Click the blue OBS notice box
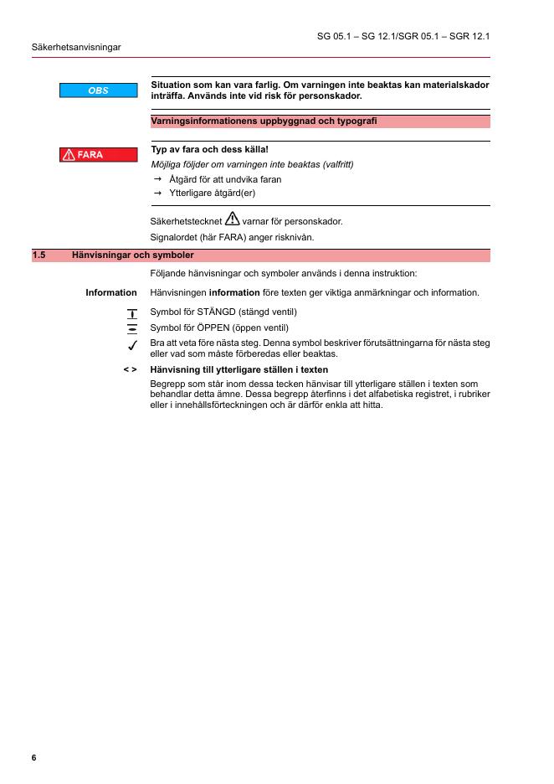98,90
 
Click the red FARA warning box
98,155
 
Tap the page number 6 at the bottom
34,758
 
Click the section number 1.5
38,255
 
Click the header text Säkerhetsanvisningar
76,47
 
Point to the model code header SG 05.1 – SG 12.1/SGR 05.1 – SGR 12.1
403,37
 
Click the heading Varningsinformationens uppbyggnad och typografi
264,121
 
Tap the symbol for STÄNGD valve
131,313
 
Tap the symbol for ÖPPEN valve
131,328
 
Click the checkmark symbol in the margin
131,345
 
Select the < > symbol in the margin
130,369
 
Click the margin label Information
111,293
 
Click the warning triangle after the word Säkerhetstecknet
232,220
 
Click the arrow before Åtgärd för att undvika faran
157,179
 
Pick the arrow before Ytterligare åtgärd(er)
157,193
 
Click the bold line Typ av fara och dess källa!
209,150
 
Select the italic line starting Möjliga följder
252,164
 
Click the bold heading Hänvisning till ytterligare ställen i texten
239,369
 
